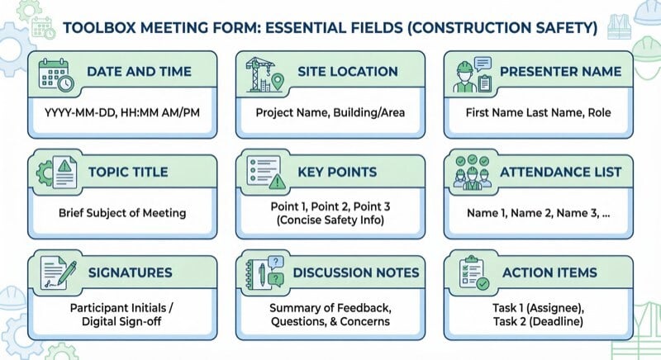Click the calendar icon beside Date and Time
click(x=56, y=72)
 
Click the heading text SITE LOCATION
click(x=347, y=72)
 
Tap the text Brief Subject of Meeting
click(x=121, y=212)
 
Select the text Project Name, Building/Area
click(x=330, y=112)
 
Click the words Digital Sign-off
click(x=121, y=323)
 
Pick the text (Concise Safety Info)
click(x=330, y=221)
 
